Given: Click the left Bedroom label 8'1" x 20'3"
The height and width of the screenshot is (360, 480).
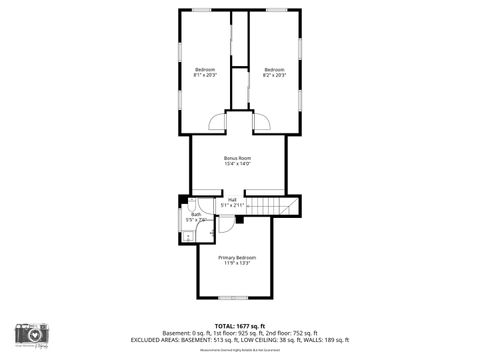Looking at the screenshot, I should (x=204, y=72).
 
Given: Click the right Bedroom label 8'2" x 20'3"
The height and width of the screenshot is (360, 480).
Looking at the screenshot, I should (x=274, y=72).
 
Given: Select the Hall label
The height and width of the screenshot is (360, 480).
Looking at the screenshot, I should (x=232, y=202).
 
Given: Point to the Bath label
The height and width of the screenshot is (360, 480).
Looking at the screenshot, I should (x=196, y=216).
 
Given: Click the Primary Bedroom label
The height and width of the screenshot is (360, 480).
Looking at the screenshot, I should (x=237, y=260).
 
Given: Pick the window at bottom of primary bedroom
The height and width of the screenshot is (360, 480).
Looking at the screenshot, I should (x=237, y=297).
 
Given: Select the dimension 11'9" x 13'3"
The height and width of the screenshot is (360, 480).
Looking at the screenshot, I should (x=237, y=264).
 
